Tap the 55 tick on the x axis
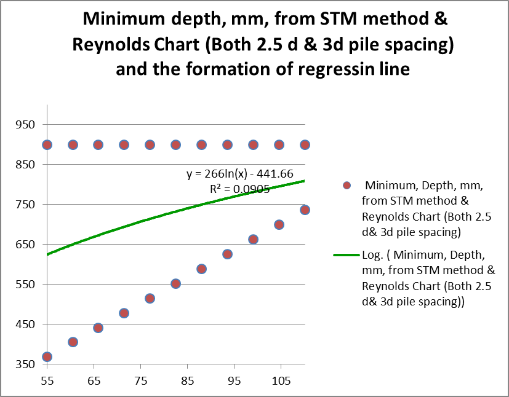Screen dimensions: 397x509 tap(47, 380)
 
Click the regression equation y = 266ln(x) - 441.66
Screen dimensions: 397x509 tap(237, 174)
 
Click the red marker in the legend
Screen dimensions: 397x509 tap(347, 186)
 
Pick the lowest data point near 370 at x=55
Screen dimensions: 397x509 tap(47, 356)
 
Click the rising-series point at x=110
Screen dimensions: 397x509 tap(305, 210)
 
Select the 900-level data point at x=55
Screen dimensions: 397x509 tap(47, 144)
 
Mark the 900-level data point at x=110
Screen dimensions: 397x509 tap(305, 144)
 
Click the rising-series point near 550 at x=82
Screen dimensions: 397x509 tap(175, 284)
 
